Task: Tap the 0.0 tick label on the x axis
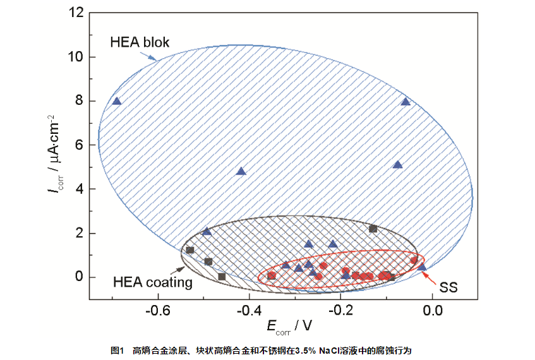(x=433, y=311)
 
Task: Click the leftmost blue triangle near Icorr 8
(x=116, y=100)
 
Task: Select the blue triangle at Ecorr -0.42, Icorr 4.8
(x=241, y=171)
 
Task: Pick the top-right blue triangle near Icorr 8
(x=406, y=101)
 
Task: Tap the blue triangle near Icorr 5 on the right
(x=397, y=164)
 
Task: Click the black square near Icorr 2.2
(x=373, y=229)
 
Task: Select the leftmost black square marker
(x=189, y=250)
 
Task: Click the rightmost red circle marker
(x=414, y=260)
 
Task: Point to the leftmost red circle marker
(x=272, y=275)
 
